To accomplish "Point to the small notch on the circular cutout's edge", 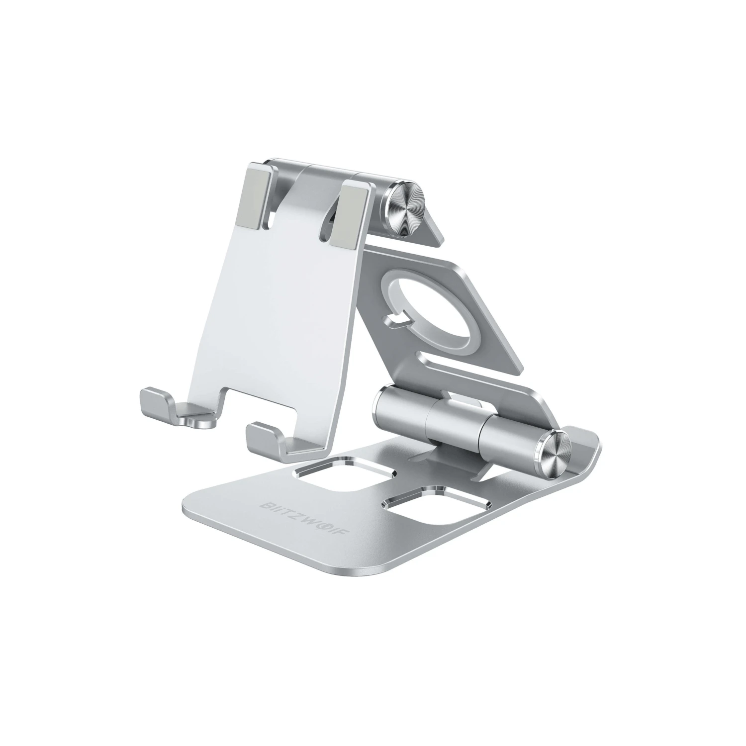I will click(397, 323).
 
